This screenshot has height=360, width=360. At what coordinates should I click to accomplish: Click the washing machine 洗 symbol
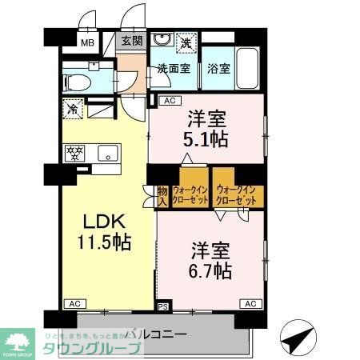click(186, 42)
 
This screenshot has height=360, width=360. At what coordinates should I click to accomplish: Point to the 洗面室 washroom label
click(173, 69)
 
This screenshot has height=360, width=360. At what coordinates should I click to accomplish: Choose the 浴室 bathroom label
click(218, 69)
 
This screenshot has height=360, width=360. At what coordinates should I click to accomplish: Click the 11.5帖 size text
click(103, 241)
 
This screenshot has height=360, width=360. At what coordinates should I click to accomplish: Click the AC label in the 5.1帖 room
click(169, 101)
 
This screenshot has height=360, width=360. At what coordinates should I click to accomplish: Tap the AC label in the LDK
click(74, 304)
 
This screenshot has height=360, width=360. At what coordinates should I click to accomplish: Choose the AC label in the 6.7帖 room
click(250, 304)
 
